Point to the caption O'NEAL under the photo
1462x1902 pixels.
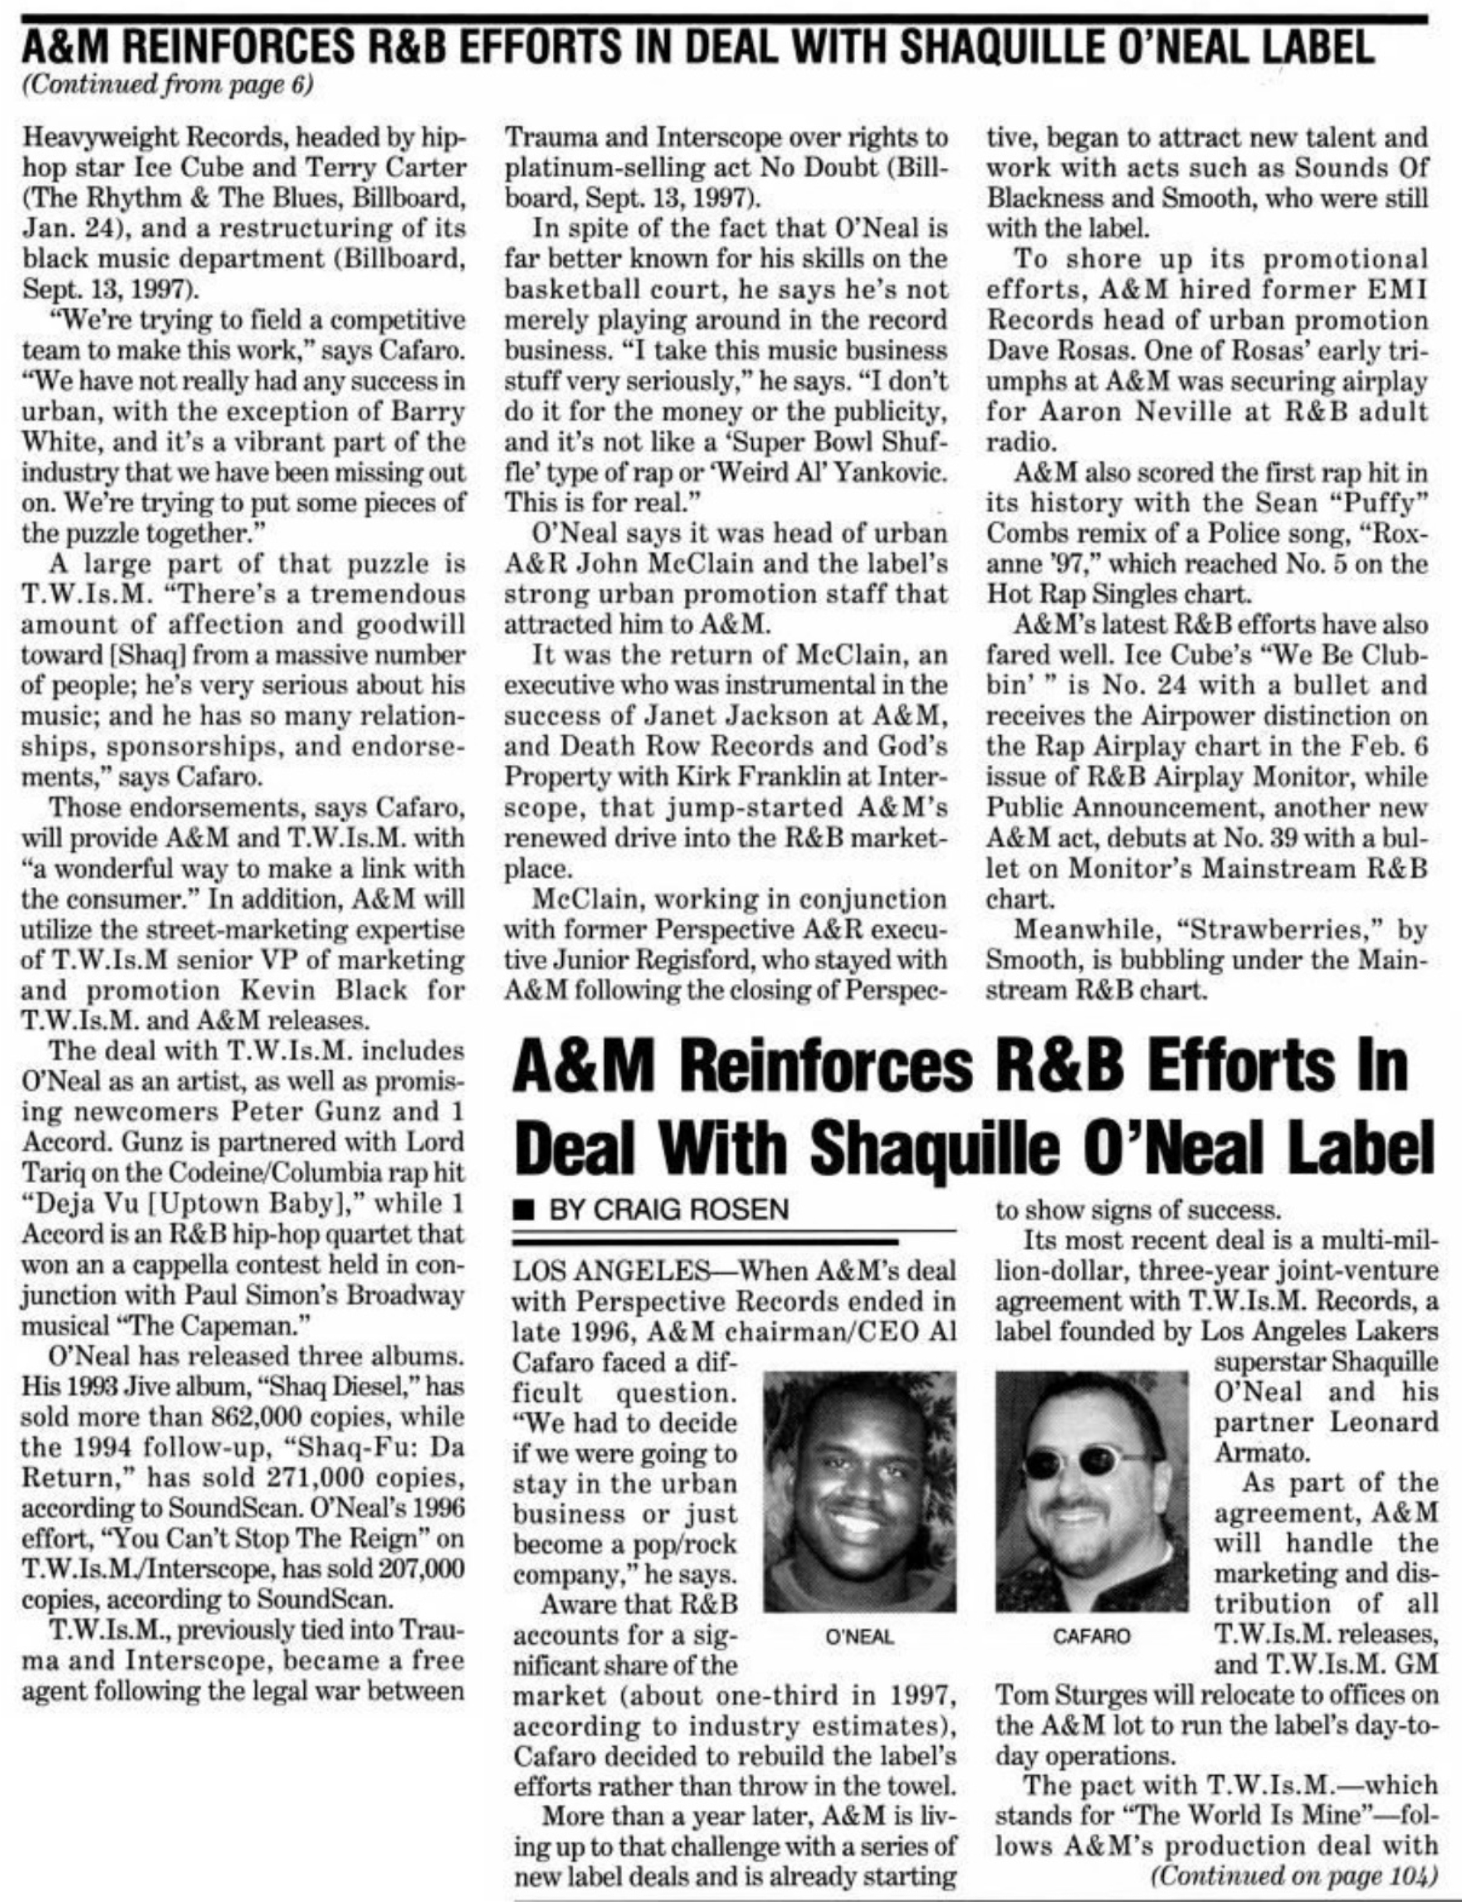859,1636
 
